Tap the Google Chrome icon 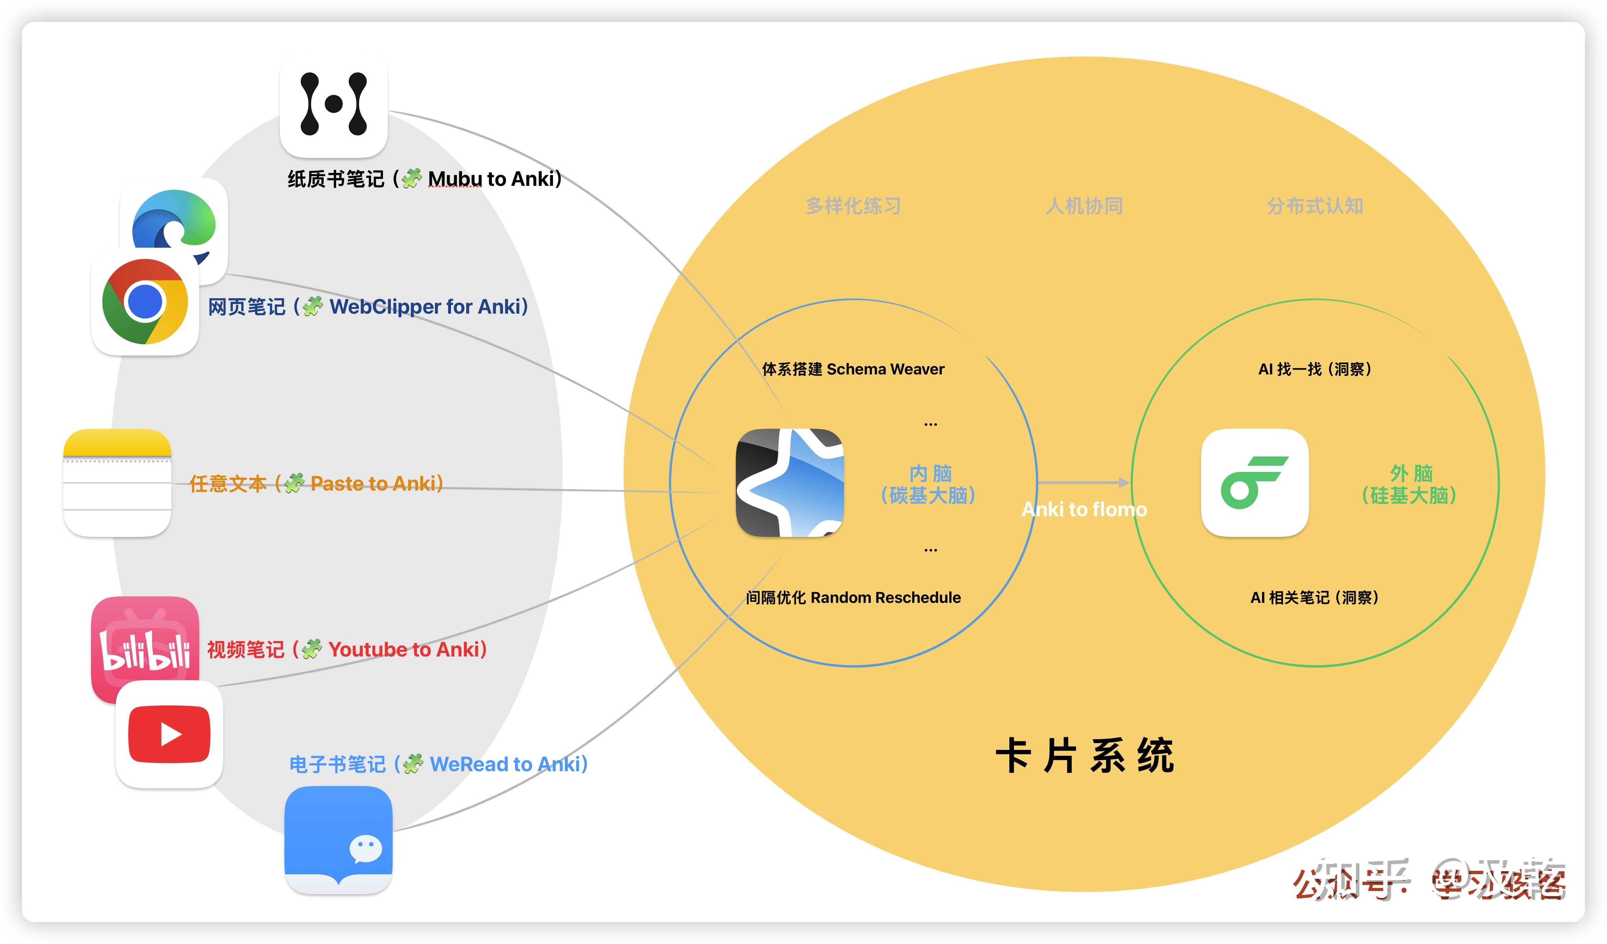pyautogui.click(x=145, y=302)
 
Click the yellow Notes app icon pyautogui.click(x=117, y=483)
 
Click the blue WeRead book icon pyautogui.click(x=338, y=839)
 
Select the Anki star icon pyautogui.click(x=789, y=483)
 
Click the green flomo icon pyautogui.click(x=1254, y=483)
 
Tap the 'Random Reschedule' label pyautogui.click(x=886, y=598)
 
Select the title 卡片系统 pyautogui.click(x=1084, y=756)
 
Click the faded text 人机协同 pyautogui.click(x=1084, y=206)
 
